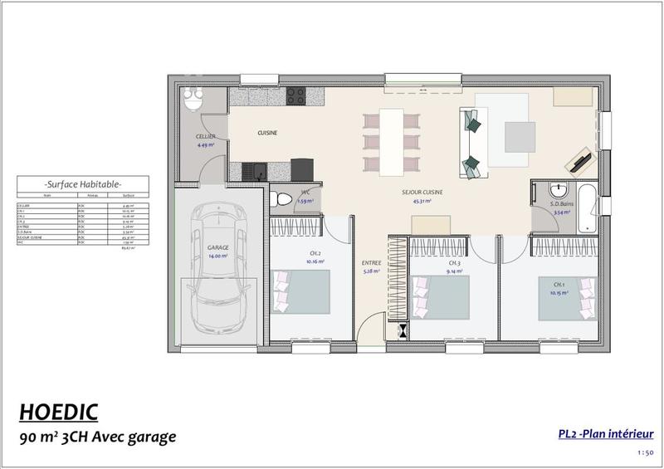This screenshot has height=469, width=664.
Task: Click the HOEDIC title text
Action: coord(58,411)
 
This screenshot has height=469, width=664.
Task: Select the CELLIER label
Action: coord(205,136)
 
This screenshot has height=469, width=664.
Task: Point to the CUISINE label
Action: coord(267,133)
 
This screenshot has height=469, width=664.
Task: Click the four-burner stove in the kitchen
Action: coord(298,95)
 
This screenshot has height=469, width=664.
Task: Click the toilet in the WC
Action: coord(277,200)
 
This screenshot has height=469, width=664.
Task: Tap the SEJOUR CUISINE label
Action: coord(422,192)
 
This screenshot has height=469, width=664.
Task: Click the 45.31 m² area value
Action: coord(422,201)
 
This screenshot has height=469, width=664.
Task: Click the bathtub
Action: coord(586,203)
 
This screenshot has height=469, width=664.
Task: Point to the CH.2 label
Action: coord(315,253)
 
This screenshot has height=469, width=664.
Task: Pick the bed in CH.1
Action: coord(568,297)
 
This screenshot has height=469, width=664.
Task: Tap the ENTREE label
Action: coord(371,263)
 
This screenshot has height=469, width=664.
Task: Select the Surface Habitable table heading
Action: coord(83,183)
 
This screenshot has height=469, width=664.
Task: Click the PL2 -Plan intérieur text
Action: coord(606,433)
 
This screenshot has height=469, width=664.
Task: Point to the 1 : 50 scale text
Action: coord(645,452)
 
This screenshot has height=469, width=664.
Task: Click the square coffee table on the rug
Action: coord(520,136)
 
